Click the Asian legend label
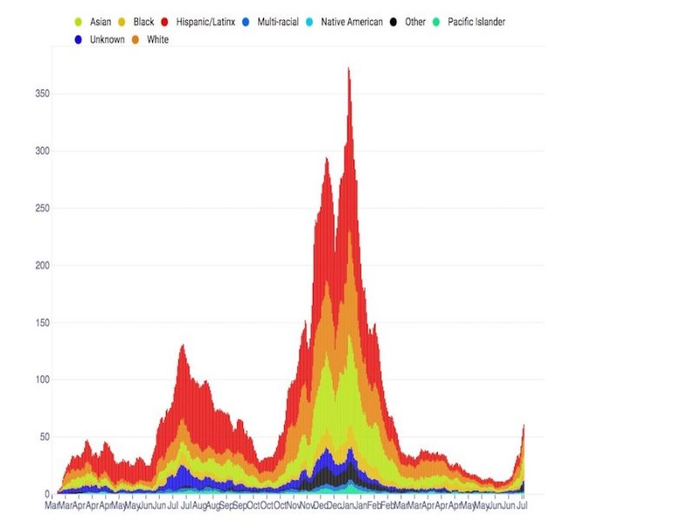coord(101,22)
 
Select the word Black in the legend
coord(144,22)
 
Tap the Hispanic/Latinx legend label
coord(205,22)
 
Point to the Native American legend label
coord(352,22)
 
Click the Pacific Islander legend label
coord(476,22)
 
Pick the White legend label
coord(158,40)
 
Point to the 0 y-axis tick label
coord(46,494)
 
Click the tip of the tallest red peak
coord(348,68)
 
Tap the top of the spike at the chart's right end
coord(523,425)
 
